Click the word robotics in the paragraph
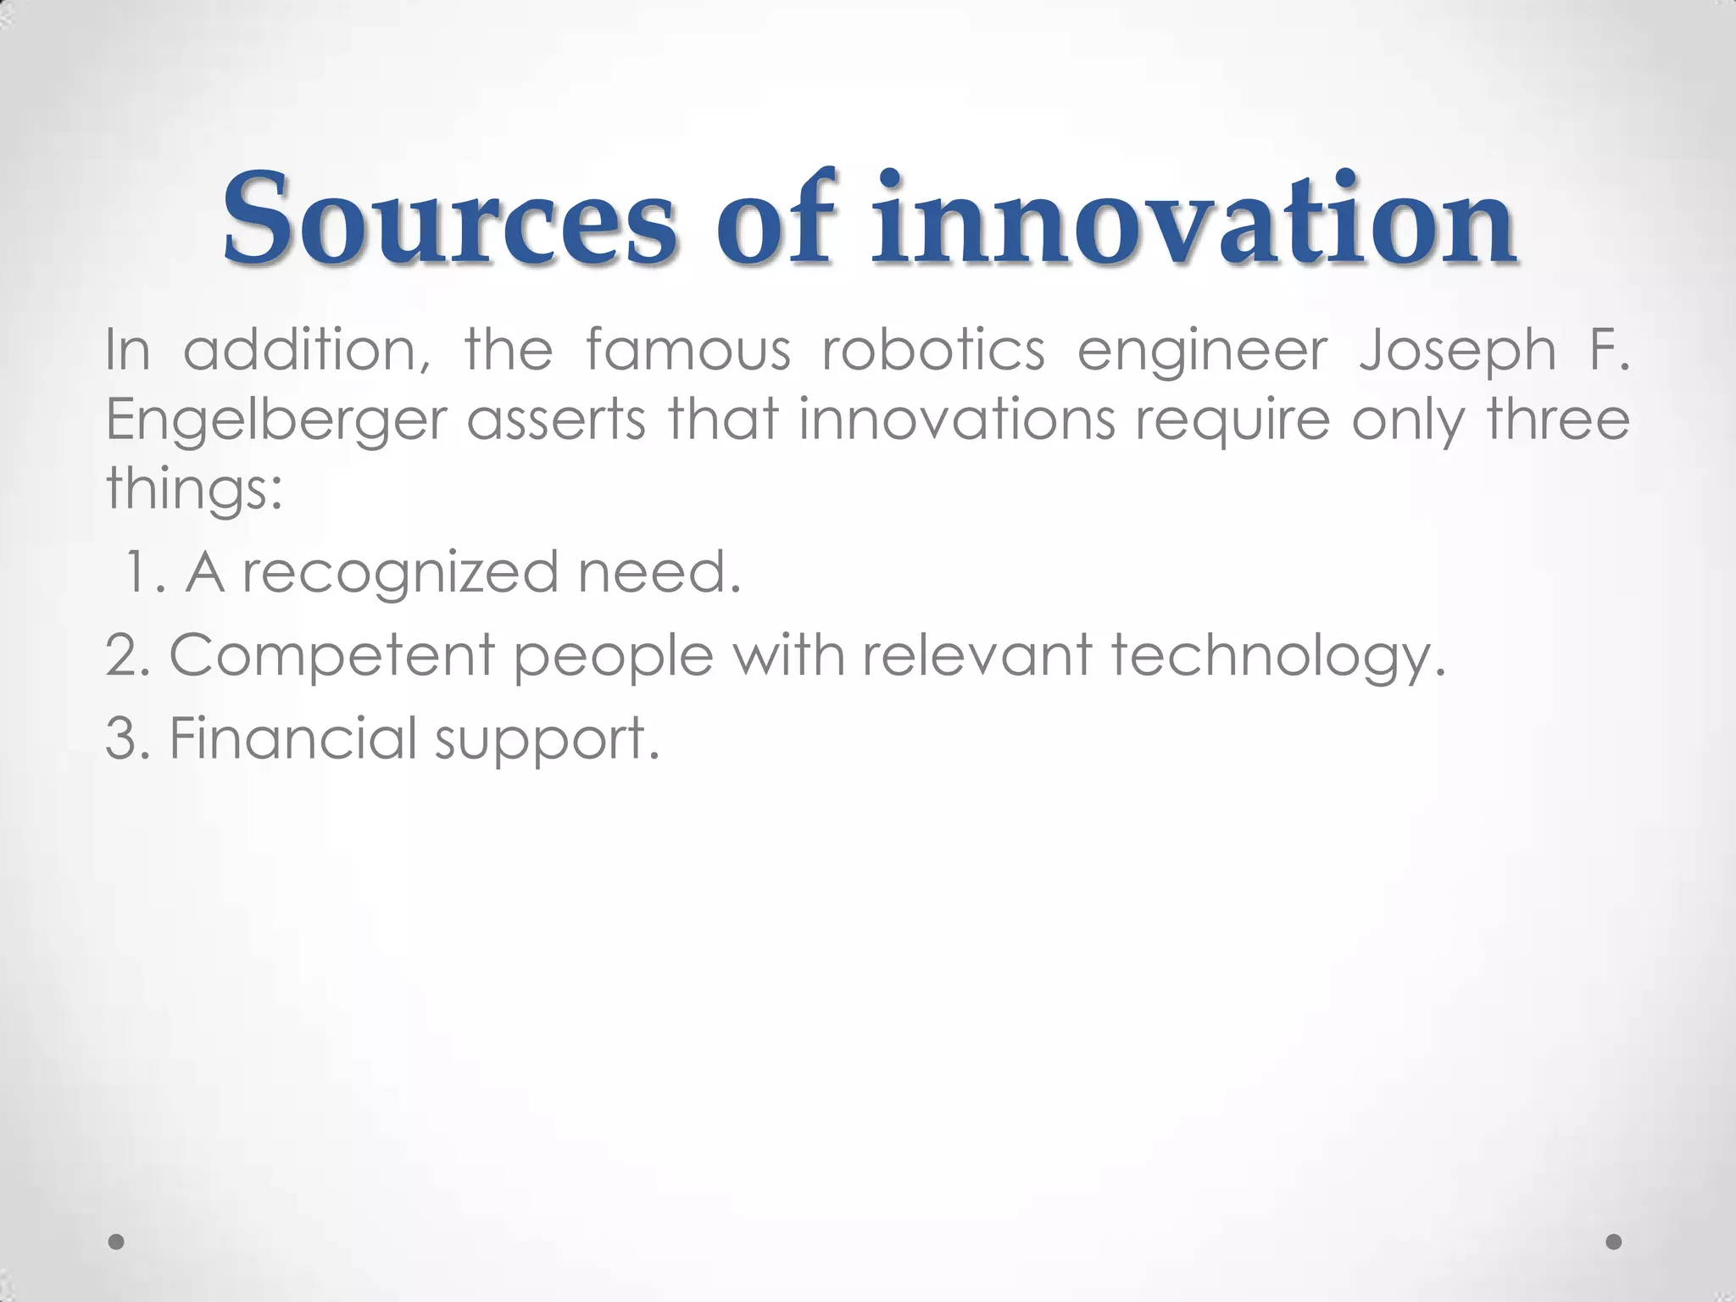(933, 349)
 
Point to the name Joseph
(1457, 351)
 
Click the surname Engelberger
(275, 421)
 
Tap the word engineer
(1201, 351)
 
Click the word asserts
(556, 420)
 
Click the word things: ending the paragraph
(194, 489)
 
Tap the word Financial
(293, 737)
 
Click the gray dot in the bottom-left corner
(117, 1242)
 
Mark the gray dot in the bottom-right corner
(1614, 1242)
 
